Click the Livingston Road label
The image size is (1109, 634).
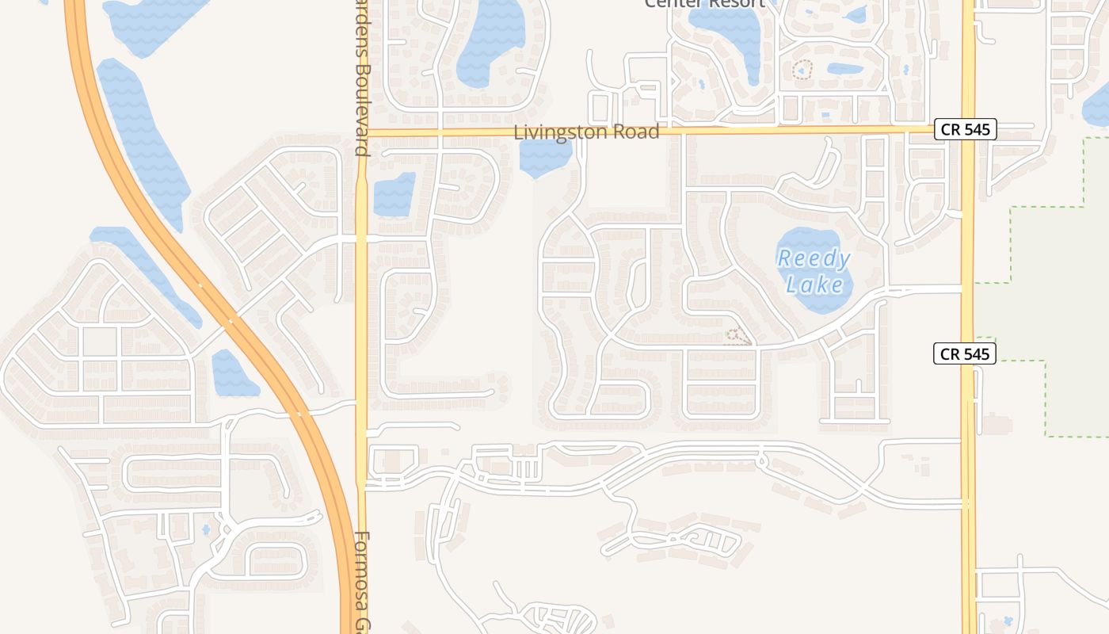click(x=586, y=132)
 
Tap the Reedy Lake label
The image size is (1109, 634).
click(x=814, y=271)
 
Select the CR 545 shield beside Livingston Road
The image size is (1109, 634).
click(x=965, y=129)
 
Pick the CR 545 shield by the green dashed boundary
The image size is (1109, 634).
click(x=964, y=353)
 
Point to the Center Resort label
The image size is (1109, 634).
click(x=704, y=3)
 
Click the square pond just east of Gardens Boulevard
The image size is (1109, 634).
click(x=394, y=194)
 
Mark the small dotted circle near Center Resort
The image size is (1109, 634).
click(x=802, y=70)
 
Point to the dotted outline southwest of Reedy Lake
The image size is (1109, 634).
click(x=737, y=337)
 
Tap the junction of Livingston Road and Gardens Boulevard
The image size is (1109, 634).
click(x=362, y=132)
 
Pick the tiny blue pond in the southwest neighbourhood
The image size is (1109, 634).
click(x=206, y=529)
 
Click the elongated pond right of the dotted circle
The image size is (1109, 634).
click(x=844, y=69)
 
